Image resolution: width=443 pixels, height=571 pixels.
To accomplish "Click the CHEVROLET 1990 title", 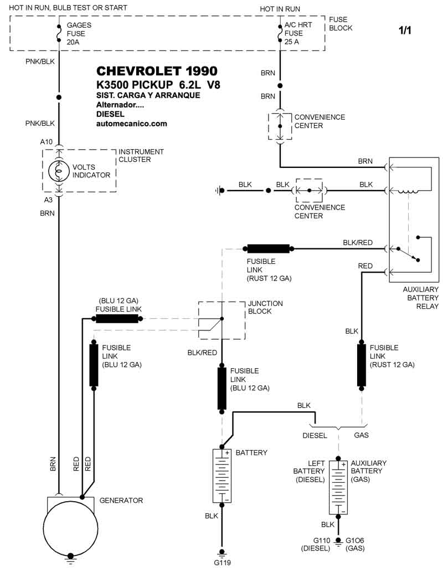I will click(157, 72).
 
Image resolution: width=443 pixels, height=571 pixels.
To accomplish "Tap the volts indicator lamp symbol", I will click(59, 171).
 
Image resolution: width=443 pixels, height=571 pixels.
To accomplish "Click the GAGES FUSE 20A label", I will click(79, 33).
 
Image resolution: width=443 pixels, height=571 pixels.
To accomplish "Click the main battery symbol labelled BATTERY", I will click(222, 475).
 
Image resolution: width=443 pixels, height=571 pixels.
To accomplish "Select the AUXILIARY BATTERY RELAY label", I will click(420, 298).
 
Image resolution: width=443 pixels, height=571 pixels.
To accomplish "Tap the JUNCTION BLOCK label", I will click(265, 308).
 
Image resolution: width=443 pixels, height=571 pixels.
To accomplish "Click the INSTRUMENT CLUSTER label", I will click(141, 156).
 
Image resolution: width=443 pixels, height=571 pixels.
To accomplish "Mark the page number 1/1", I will click(405, 31).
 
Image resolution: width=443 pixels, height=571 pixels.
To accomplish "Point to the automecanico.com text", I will click(131, 124).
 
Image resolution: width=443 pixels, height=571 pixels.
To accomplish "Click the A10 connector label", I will click(47, 142).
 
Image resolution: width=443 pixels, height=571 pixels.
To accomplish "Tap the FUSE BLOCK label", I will click(340, 23).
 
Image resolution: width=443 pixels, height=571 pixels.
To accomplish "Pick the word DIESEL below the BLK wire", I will click(315, 435).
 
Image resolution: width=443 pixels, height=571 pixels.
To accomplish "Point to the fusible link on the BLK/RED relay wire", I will click(269, 248).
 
